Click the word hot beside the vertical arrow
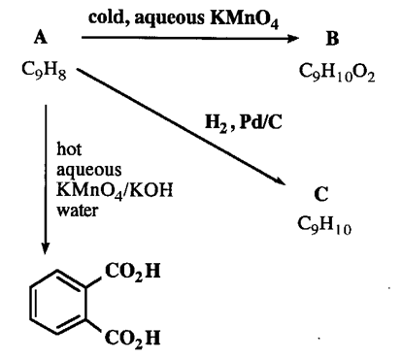pos(69,150)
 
